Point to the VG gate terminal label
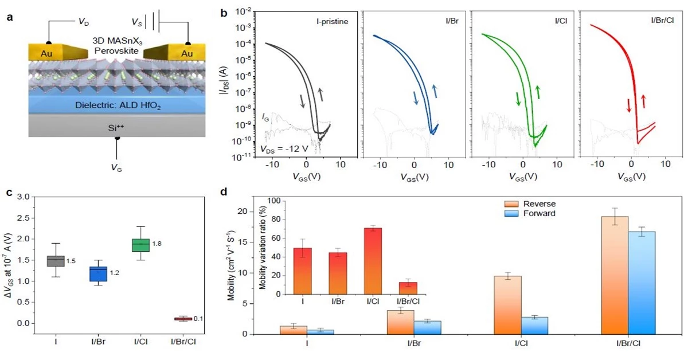coord(119,169)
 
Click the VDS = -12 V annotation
coord(288,149)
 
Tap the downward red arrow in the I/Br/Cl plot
coord(629,105)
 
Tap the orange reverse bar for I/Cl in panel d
coord(508,304)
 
